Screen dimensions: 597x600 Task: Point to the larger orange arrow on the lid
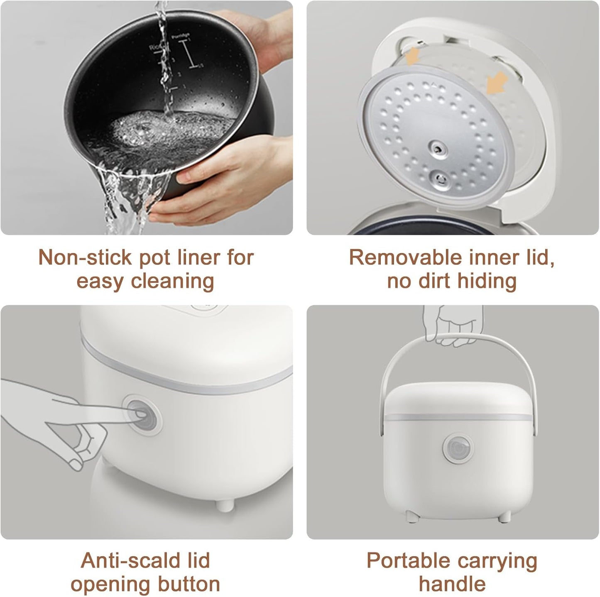(497, 84)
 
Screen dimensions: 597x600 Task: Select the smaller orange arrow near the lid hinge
(414, 57)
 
